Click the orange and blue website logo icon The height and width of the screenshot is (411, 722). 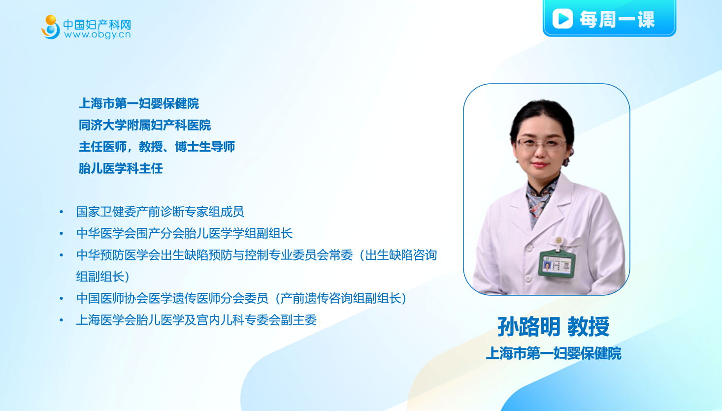pyautogui.click(x=51, y=27)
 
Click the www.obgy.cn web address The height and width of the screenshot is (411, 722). pyautogui.click(x=98, y=34)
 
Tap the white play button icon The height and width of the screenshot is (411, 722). pyautogui.click(x=562, y=18)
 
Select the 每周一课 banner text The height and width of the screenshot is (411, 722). pyautogui.click(x=617, y=19)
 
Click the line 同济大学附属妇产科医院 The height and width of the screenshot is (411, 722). pyautogui.click(x=145, y=125)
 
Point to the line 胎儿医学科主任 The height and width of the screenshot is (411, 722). pyautogui.click(x=121, y=168)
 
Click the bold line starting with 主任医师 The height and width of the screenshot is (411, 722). pyautogui.click(x=157, y=147)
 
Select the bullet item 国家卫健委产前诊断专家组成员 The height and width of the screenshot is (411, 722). pyautogui.click(x=160, y=212)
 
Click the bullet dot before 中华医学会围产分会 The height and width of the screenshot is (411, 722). pyautogui.click(x=61, y=233)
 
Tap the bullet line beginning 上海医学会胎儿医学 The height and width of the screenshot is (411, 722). pyautogui.click(x=197, y=320)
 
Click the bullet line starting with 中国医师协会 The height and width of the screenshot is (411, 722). pyautogui.click(x=242, y=298)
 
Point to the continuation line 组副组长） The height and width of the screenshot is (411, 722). pyautogui.click(x=103, y=277)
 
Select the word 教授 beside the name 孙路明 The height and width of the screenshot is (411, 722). pyautogui.click(x=588, y=326)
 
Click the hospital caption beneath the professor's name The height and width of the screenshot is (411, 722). pyautogui.click(x=554, y=353)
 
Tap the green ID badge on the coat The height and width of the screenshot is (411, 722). pyautogui.click(x=557, y=264)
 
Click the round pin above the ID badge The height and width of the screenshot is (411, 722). pyautogui.click(x=558, y=240)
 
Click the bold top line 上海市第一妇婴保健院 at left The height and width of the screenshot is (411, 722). pyautogui.click(x=139, y=103)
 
